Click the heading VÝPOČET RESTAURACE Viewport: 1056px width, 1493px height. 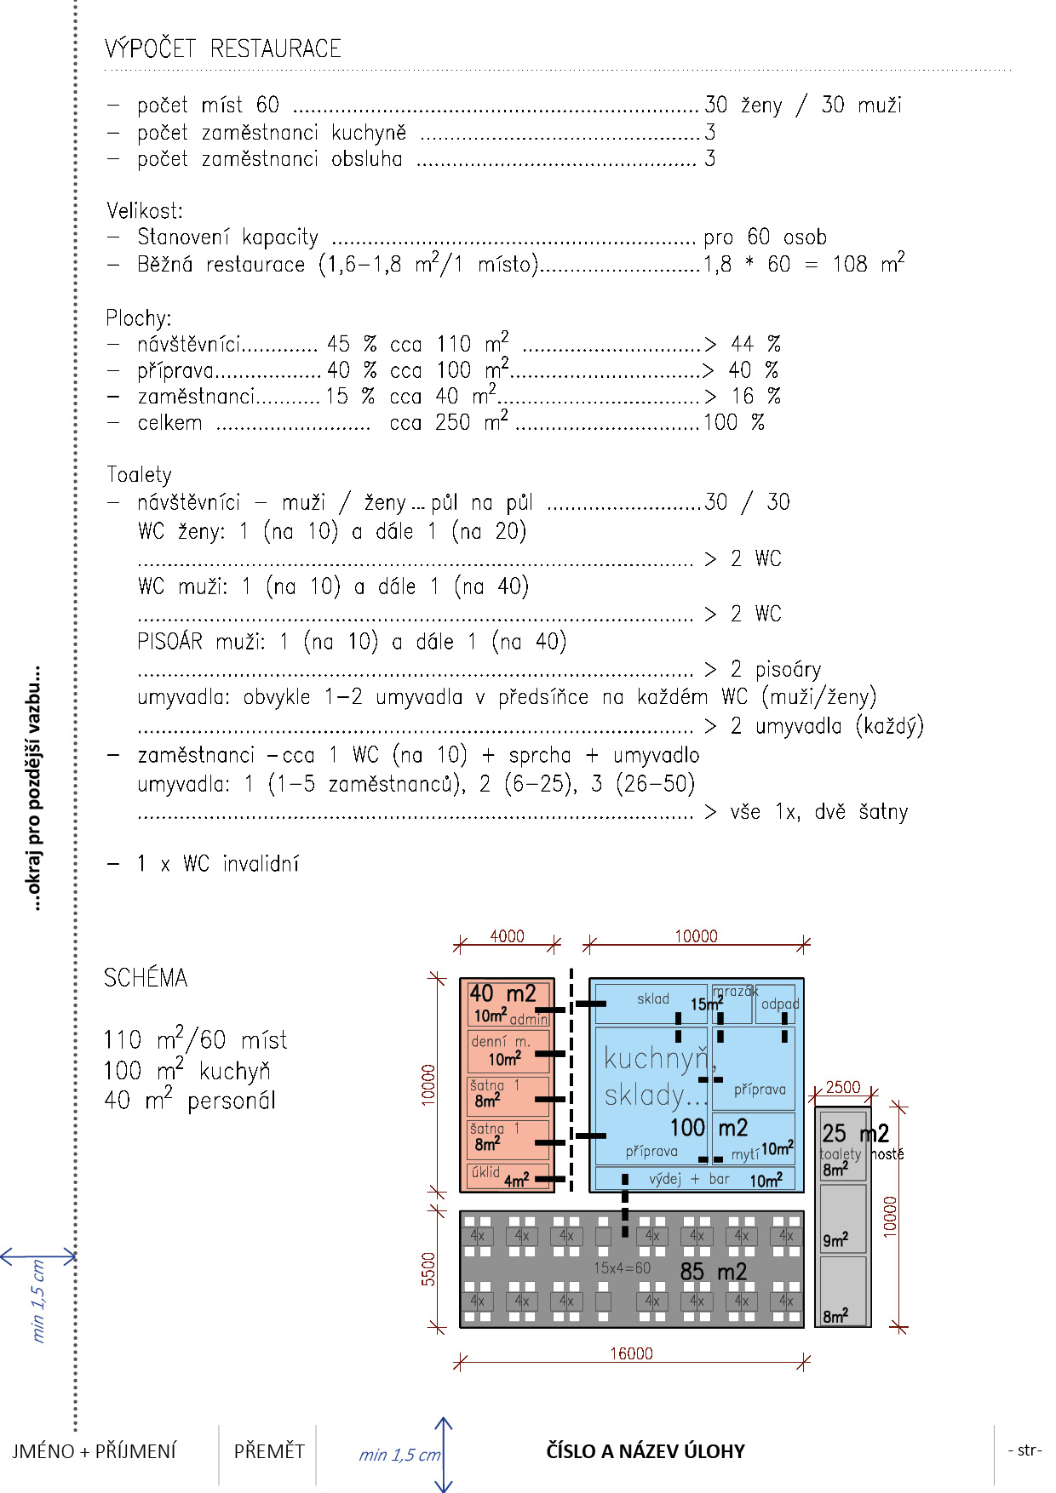223,49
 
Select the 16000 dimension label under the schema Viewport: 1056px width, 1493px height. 631,1353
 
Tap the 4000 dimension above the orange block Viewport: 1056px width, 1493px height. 507,936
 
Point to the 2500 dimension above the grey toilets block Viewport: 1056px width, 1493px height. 843,1087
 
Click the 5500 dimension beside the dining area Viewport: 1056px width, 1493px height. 428,1268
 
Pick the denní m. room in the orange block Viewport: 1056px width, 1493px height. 508,1050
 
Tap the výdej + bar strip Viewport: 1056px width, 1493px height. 694,1179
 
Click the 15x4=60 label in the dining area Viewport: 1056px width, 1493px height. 622,1268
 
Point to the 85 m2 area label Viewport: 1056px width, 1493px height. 713,1272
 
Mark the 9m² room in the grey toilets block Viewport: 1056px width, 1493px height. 841,1219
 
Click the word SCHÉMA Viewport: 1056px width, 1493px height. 146,978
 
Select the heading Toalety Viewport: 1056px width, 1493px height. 139,474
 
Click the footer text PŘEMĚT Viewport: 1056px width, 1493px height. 269,1451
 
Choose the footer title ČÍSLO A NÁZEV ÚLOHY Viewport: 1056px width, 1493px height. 646,1451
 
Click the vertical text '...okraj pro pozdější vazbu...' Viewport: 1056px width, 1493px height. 35,788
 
